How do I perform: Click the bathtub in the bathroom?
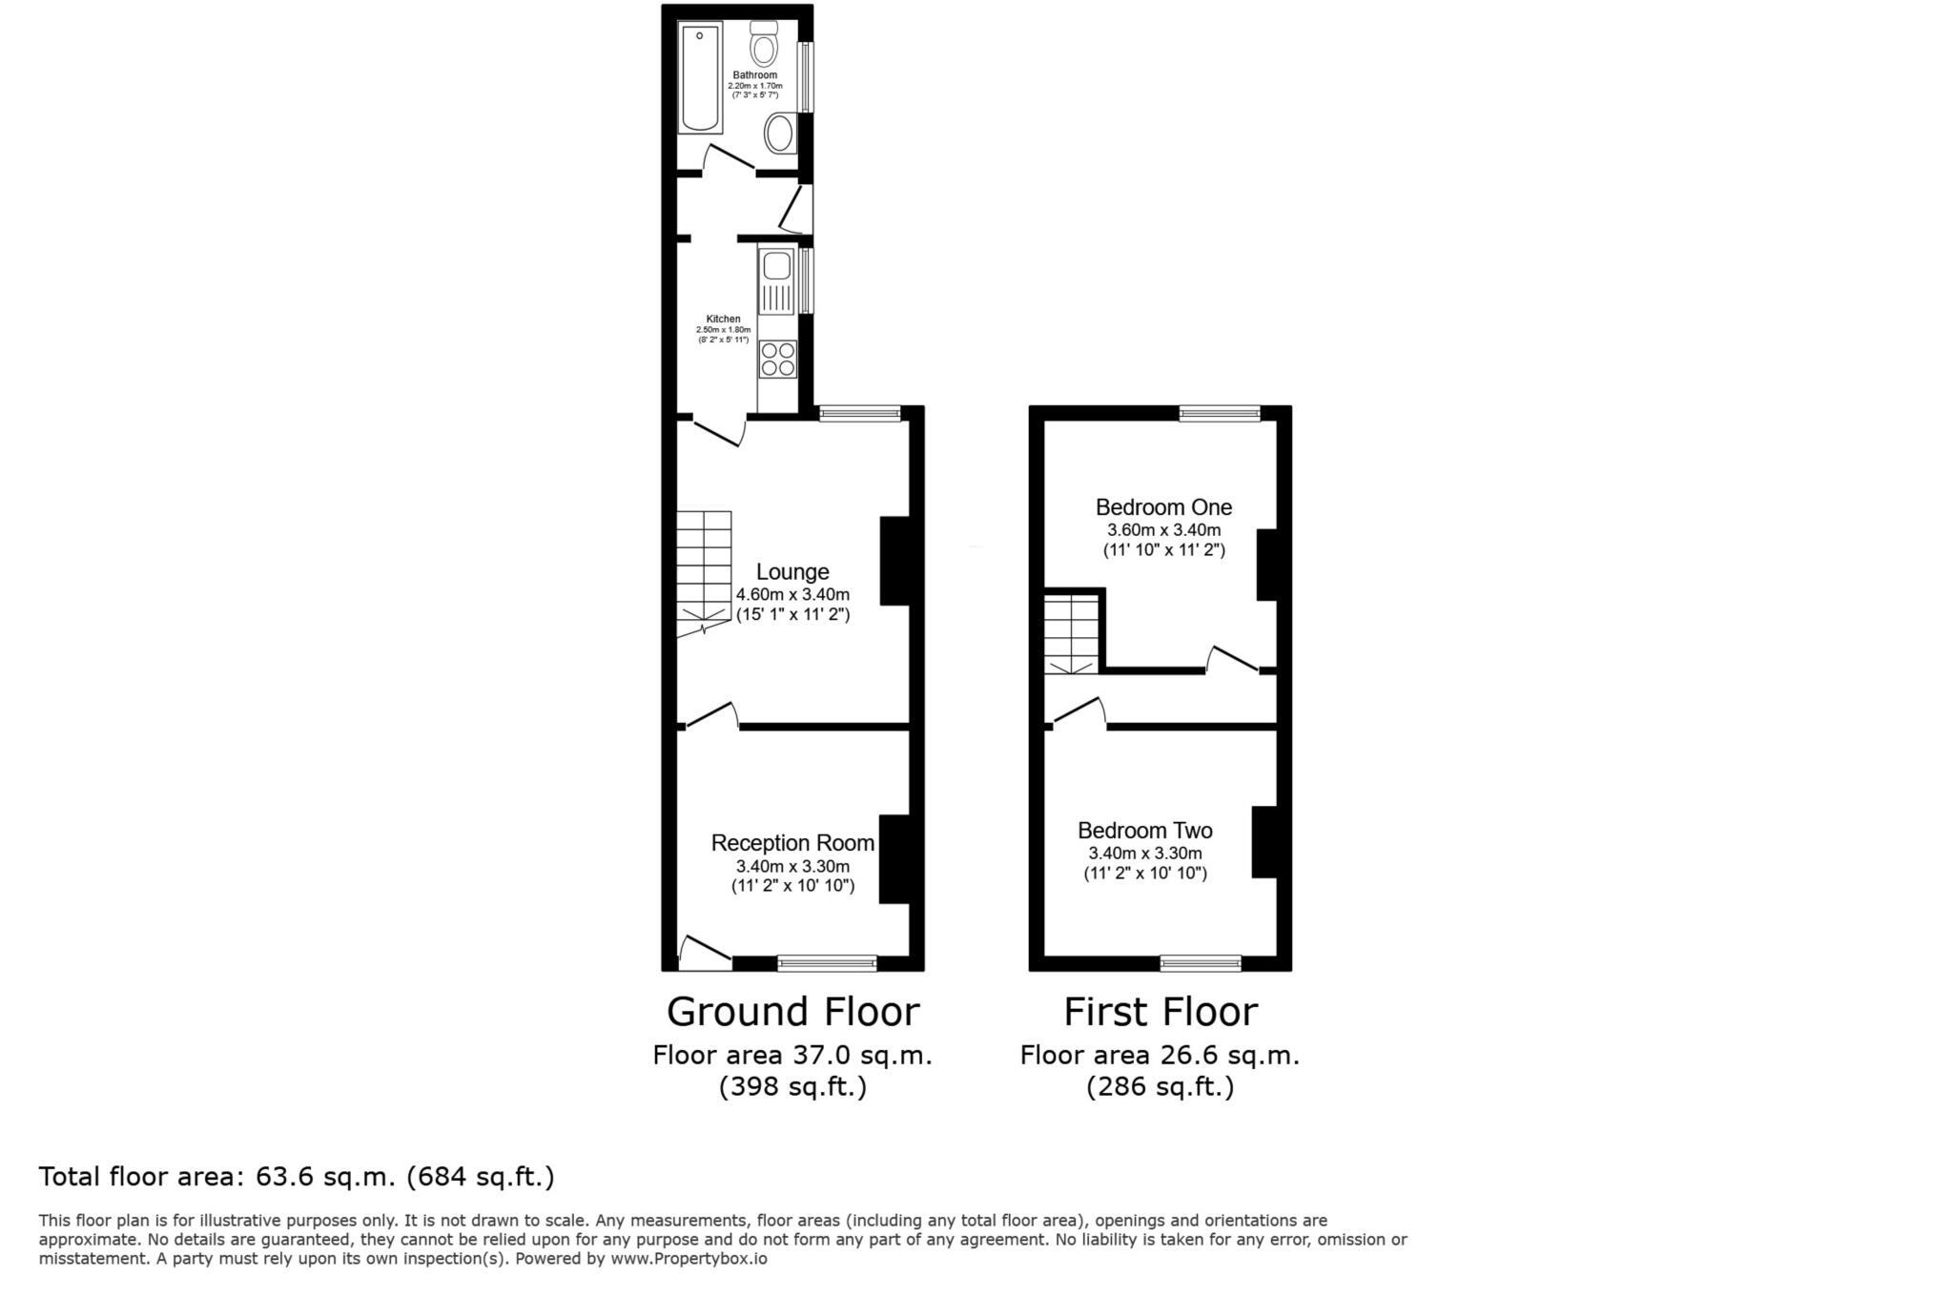pos(700,77)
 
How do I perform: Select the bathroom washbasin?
pos(781,134)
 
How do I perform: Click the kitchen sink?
pos(776,266)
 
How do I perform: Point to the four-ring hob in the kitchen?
pos(777,360)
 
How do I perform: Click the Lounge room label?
pos(792,572)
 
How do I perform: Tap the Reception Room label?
pos(792,843)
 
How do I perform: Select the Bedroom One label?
pos(1163,507)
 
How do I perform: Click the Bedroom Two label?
pos(1144,831)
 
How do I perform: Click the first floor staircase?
pos(1072,633)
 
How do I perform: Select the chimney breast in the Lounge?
pos(894,561)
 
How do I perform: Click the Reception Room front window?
pos(827,963)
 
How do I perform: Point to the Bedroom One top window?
pos(1220,413)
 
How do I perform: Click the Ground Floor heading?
pos(792,1012)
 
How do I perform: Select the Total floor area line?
pos(297,1177)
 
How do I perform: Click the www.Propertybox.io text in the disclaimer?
pos(689,1259)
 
